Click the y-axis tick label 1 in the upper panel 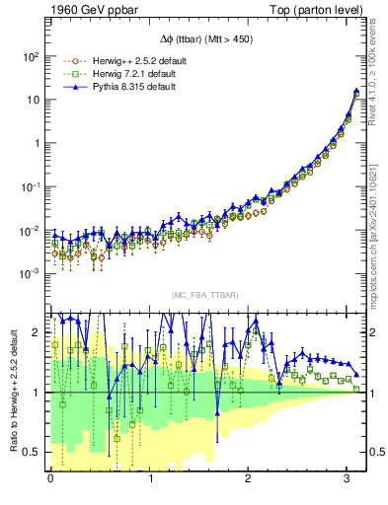[38, 143]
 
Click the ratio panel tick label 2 [38, 332]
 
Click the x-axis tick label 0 [50, 479]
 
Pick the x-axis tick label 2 [251, 479]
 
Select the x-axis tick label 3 [350, 479]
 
